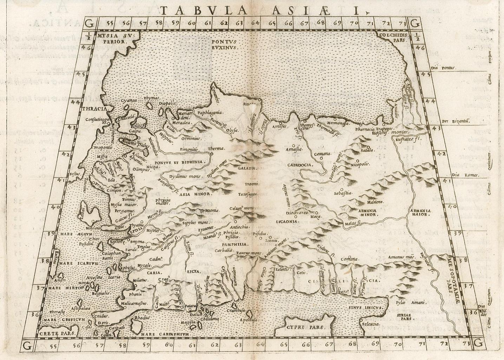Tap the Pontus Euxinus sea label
pos(225,44)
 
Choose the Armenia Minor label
pos(368,212)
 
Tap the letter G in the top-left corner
pos(90,24)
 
